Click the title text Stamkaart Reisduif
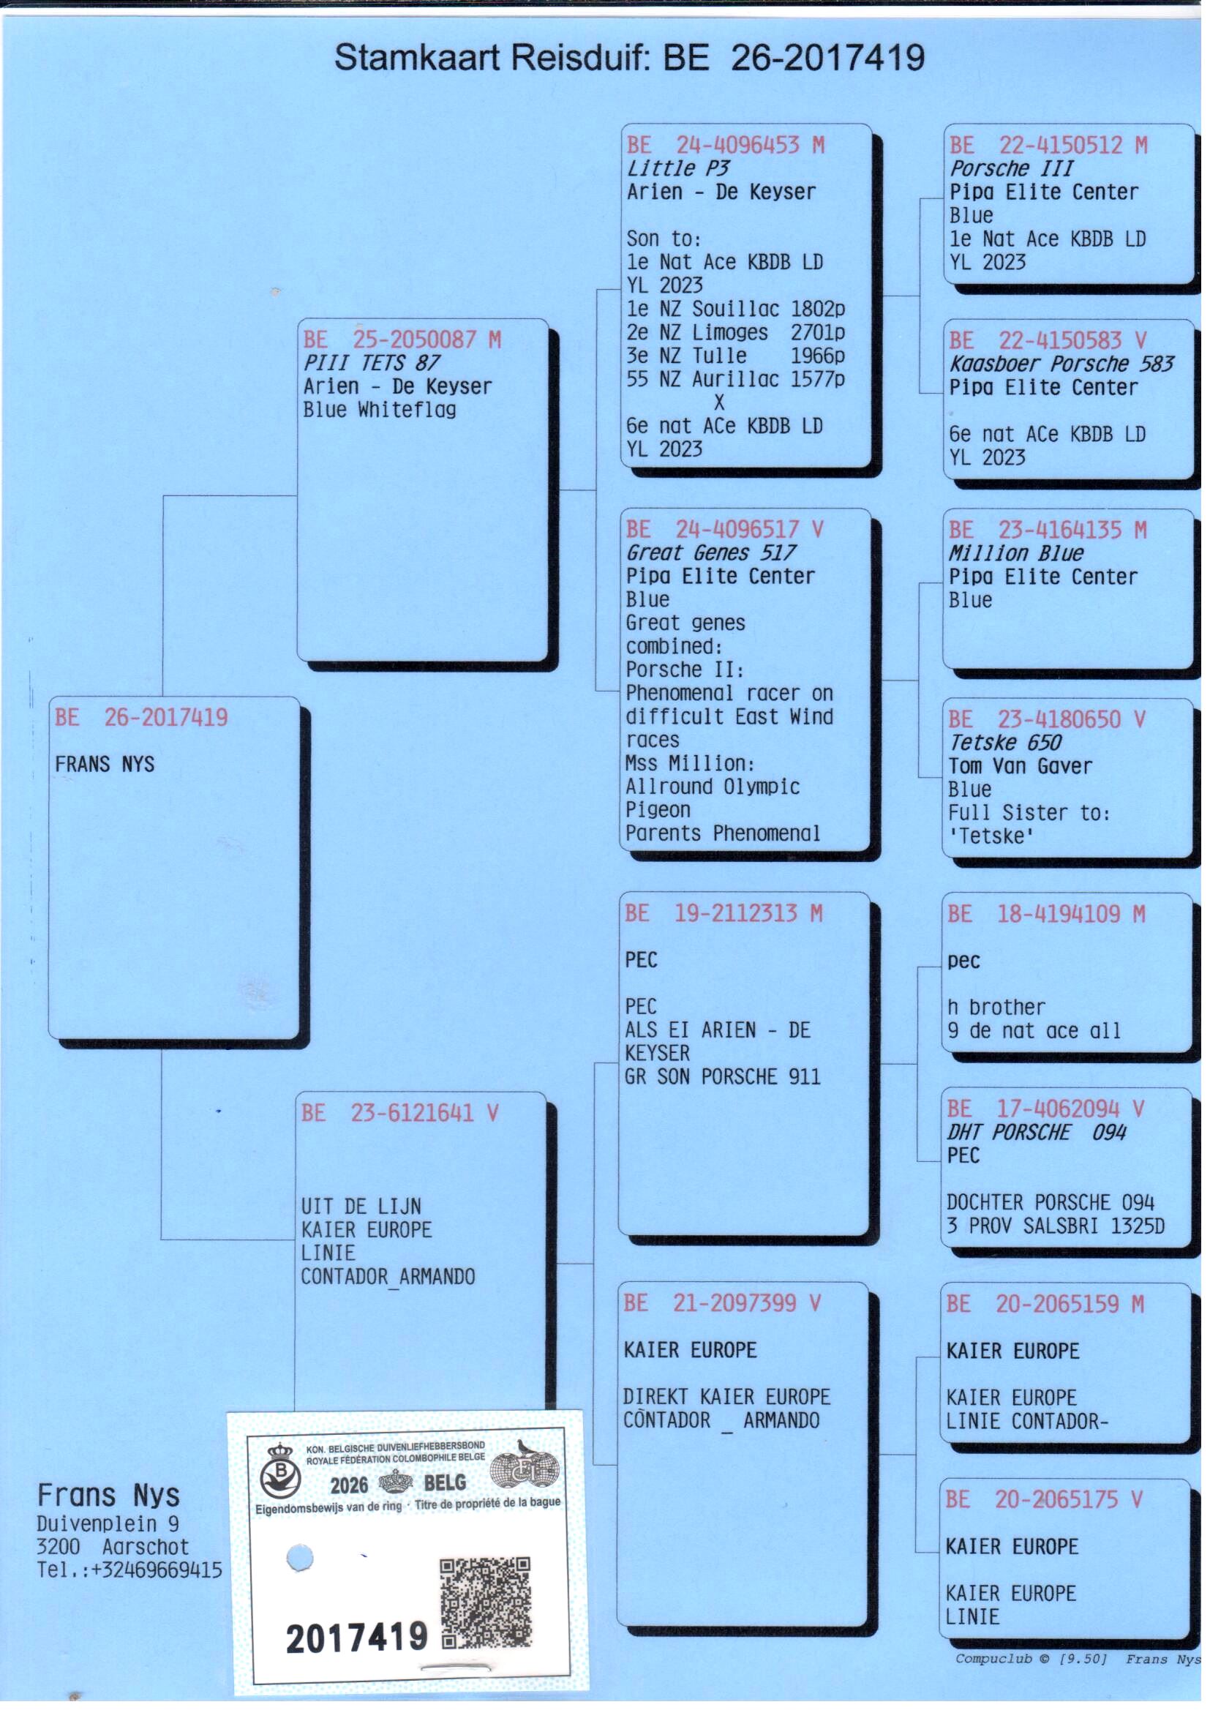pos(492,57)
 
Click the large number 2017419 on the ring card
pos(357,1638)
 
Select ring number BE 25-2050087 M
pos(402,340)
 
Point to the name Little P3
pos(678,168)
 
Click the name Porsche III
pos(1011,168)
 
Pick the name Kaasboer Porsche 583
pos(1061,364)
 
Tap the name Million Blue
pos(1015,553)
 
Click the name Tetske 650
pos(1004,742)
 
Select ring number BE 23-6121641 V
pos(400,1113)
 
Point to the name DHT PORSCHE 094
pos(1037,1133)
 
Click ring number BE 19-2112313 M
pos(724,912)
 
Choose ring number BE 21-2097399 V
pos(722,1303)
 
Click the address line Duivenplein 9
pos(108,1523)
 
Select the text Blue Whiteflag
pos(379,410)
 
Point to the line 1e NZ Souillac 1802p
pos(735,309)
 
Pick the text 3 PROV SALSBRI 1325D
pos(1055,1226)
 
